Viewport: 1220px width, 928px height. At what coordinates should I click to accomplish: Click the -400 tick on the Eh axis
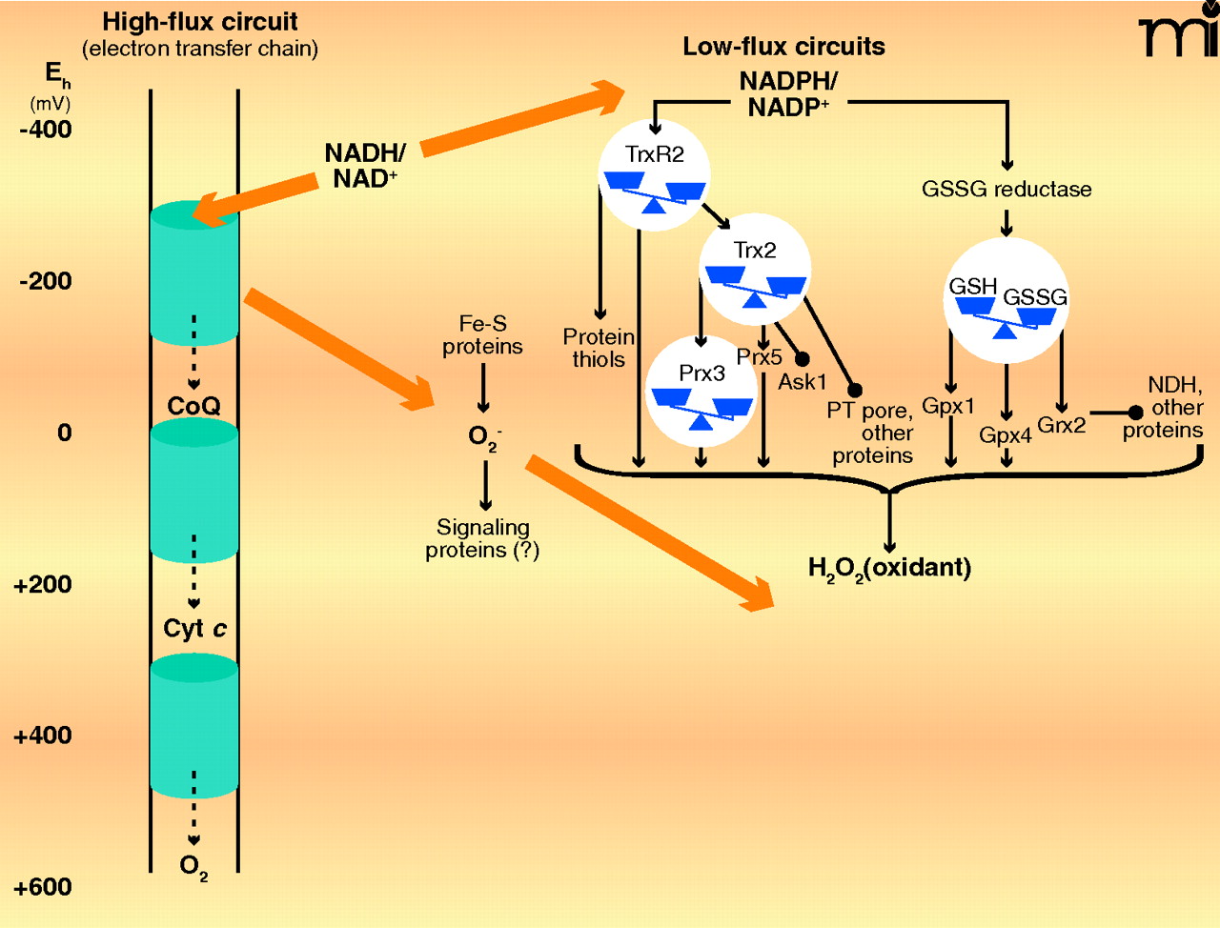46,130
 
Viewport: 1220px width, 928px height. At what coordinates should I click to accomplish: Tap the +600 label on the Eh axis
43,887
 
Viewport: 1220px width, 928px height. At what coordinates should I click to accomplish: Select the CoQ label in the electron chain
193,407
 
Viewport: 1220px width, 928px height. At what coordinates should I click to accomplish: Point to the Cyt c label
194,629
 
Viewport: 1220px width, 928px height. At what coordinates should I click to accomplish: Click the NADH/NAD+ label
365,166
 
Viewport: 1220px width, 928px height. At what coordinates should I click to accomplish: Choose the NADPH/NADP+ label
788,94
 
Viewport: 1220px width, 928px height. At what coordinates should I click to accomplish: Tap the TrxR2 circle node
654,175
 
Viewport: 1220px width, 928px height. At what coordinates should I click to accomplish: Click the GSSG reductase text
1006,189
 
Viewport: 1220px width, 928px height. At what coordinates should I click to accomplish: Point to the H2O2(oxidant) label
889,569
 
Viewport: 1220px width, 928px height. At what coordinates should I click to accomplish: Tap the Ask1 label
803,382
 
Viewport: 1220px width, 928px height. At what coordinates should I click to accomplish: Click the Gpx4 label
1006,435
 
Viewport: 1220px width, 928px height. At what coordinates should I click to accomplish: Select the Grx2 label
1061,425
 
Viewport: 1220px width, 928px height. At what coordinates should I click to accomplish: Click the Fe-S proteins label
482,335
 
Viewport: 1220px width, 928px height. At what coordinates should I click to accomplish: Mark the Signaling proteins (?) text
482,538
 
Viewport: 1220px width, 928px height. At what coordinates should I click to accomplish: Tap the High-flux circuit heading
200,22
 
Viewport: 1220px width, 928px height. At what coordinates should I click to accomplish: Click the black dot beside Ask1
803,359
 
